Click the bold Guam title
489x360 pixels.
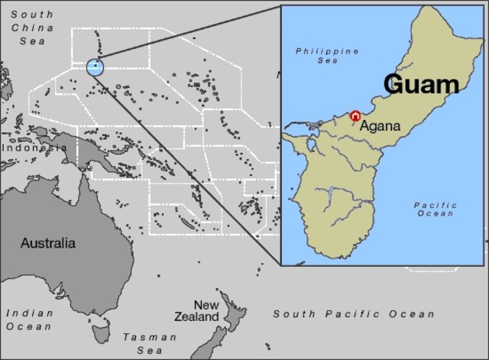pyautogui.click(x=420, y=83)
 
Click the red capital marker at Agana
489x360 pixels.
pyautogui.click(x=355, y=115)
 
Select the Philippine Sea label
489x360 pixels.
pyautogui.click(x=328, y=56)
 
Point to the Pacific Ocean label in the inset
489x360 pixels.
pyautogui.click(x=436, y=209)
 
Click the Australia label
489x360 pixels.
pyautogui.click(x=47, y=244)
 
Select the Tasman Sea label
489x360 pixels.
pyautogui.click(x=150, y=343)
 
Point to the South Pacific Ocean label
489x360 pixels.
pyautogui.click(x=354, y=314)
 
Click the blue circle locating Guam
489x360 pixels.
pyautogui.click(x=95, y=67)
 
